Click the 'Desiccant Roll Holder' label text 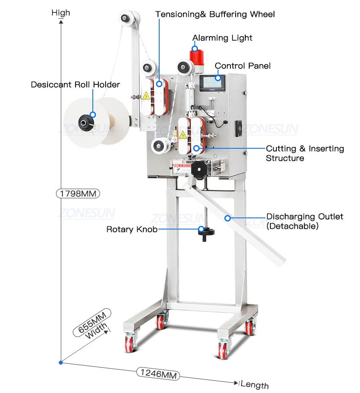(75, 85)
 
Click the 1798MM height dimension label (78, 194)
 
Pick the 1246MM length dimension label (158, 374)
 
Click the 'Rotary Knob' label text (132, 229)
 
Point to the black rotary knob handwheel (206, 232)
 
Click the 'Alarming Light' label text (222, 38)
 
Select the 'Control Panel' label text (243, 66)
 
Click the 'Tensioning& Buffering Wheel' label (215, 14)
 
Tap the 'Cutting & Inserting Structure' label (305, 153)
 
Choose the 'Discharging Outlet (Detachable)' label (304, 221)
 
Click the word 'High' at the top (61, 13)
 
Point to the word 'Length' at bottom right (255, 385)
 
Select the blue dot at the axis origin (61, 362)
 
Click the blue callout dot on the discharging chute (227, 218)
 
